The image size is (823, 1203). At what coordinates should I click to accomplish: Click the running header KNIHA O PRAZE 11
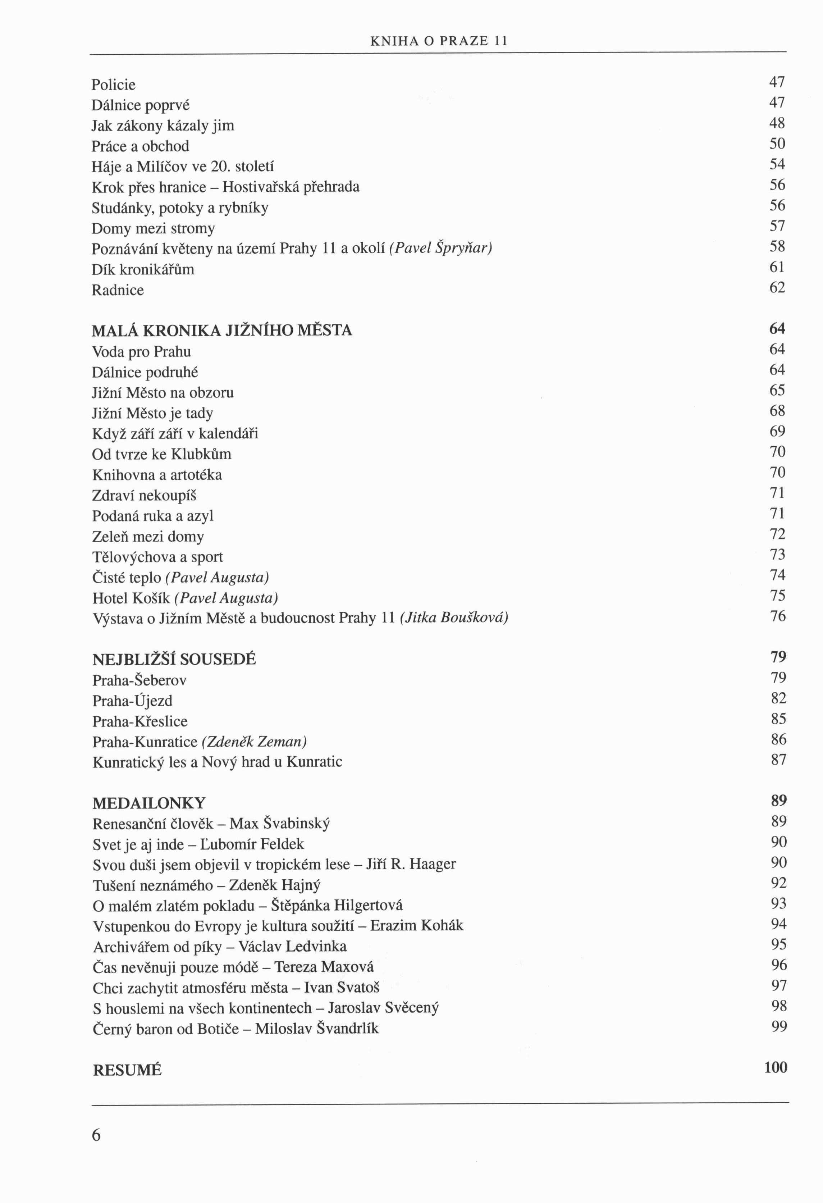439,41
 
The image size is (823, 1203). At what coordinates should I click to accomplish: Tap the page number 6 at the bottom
96,1135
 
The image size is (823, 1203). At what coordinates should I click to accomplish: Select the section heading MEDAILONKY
149,803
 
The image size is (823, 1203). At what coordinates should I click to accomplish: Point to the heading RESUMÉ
127,1070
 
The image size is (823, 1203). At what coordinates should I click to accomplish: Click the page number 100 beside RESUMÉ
776,1067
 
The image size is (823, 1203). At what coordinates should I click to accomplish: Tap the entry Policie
113,85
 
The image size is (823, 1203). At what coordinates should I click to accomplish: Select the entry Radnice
118,290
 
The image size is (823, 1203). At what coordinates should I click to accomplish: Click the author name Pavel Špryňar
440,249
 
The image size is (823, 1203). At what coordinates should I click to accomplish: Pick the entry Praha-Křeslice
140,721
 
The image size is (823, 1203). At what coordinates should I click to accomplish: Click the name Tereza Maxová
324,967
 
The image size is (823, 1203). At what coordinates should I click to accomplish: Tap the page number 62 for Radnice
777,287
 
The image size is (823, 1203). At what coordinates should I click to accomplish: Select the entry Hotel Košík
131,598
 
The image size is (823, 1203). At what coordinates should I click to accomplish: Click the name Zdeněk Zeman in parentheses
254,742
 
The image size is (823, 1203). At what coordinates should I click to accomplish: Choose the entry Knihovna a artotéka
157,475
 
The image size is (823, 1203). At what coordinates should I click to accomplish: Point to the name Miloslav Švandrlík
317,1029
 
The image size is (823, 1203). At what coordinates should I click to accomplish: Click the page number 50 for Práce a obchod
777,143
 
